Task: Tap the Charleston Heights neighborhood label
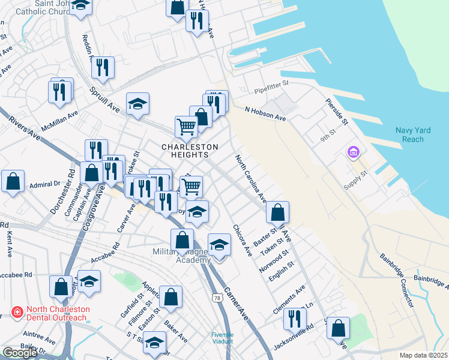tap(190, 151)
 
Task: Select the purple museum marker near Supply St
tap(352, 154)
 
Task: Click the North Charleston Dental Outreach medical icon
tap(17, 313)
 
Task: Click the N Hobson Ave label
tap(265, 113)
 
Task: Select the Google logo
tap(20, 353)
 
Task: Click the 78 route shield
tap(216, 298)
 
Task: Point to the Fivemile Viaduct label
tap(226, 338)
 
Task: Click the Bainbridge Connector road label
tap(397, 280)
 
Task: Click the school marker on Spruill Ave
tap(137, 104)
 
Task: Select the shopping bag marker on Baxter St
tap(277, 212)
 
